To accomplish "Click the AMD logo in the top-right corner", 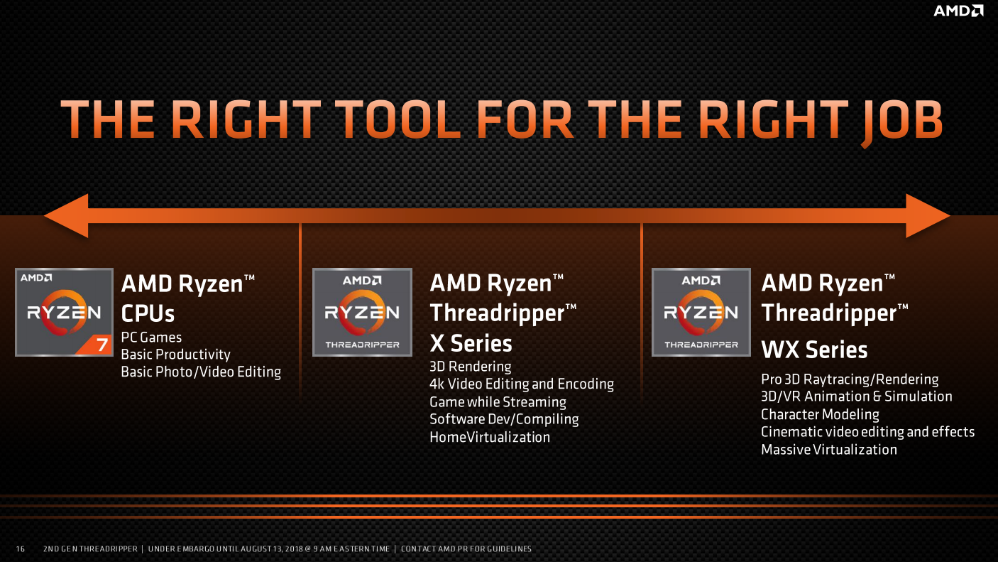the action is (958, 11).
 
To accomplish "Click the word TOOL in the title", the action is (397, 119).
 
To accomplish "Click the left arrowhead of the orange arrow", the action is (66, 216).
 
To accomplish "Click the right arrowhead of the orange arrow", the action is (928, 216).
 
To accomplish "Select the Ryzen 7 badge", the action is (64, 312).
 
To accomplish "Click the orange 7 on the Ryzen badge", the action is (102, 345).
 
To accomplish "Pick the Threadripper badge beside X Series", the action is (362, 312).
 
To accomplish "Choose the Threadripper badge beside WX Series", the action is (701, 312).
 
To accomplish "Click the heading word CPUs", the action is (148, 313).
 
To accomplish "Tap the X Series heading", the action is (471, 343).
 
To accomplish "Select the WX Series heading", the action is (814, 350).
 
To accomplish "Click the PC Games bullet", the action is (151, 337).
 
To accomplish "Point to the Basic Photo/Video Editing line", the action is (201, 372).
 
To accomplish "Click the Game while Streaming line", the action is (498, 402).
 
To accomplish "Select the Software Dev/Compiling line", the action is (504, 419).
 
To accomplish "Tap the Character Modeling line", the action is (820, 414).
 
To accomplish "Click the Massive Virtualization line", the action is (828, 450).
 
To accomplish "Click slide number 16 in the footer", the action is (21, 549).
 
